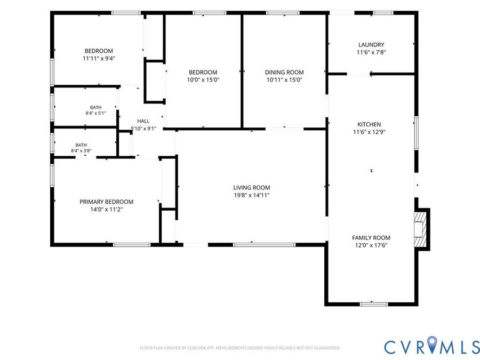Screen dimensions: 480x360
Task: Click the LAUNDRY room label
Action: click(x=371, y=45)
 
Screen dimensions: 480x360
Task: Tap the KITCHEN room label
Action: click(x=369, y=124)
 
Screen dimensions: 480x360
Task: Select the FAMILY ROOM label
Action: click(x=371, y=237)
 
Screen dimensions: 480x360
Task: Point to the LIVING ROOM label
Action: click(x=252, y=188)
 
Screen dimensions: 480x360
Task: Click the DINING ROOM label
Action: click(x=284, y=72)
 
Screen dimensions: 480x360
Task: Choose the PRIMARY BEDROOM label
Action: click(x=107, y=202)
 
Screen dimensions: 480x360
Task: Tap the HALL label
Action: click(x=143, y=121)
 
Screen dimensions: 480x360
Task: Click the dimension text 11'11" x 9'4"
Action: click(x=99, y=58)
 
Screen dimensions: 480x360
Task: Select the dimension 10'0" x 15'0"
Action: click(x=203, y=80)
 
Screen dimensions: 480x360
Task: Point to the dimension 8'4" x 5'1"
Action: click(x=96, y=113)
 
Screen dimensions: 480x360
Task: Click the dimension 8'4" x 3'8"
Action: click(x=81, y=150)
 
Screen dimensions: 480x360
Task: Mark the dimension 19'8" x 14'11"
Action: click(x=252, y=195)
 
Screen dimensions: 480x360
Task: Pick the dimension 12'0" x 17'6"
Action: click(x=371, y=245)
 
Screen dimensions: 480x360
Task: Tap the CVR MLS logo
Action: click(x=431, y=347)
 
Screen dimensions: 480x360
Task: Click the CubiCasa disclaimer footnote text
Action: click(x=240, y=348)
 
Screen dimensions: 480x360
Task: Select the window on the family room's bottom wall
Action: click(x=373, y=304)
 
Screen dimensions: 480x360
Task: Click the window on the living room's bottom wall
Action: click(x=265, y=245)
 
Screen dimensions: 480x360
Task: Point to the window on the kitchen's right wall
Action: click(x=417, y=133)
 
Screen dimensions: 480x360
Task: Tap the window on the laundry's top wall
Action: click(x=383, y=13)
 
